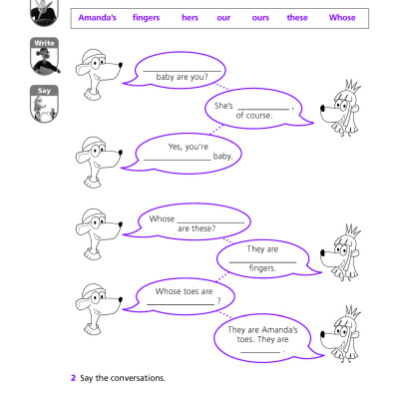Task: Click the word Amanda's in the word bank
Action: pyautogui.click(x=98, y=18)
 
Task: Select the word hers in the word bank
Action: pyautogui.click(x=190, y=18)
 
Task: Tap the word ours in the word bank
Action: pyautogui.click(x=260, y=18)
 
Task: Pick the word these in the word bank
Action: pyautogui.click(x=297, y=18)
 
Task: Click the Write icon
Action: pyautogui.click(x=44, y=57)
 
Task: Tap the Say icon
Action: pyautogui.click(x=44, y=104)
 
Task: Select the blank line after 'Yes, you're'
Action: pyautogui.click(x=177, y=158)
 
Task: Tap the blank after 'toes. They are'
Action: pyautogui.click(x=261, y=350)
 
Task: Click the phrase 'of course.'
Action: pyautogui.click(x=254, y=116)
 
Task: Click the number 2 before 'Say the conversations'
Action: pyautogui.click(x=73, y=378)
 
